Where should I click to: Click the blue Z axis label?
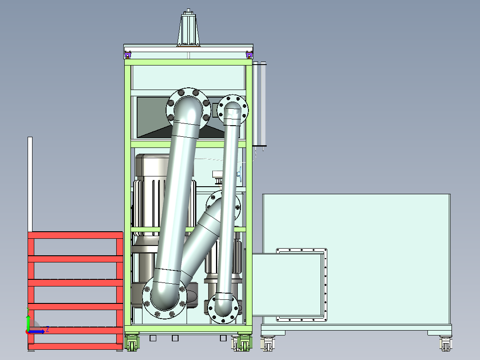[48, 330]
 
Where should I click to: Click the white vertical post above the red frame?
[30, 184]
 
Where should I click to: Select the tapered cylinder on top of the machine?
[188, 29]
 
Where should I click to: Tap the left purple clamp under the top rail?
[128, 55]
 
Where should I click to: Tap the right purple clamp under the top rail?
[249, 55]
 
